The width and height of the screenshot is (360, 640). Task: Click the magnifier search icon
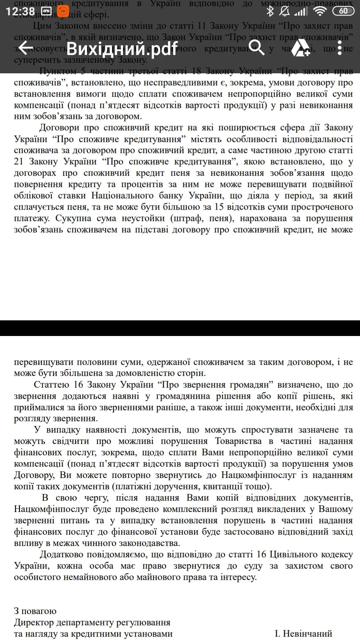256,48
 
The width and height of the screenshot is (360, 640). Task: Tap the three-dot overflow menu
339,48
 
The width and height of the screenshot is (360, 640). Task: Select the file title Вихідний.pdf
122,49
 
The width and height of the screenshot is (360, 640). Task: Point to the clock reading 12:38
20,11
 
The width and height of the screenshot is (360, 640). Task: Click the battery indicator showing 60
343,11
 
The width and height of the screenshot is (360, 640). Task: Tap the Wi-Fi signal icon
320,11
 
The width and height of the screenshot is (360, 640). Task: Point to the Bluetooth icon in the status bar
270,11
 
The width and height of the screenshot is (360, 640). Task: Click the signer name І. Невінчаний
303,633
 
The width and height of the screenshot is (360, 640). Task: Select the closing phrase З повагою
35,611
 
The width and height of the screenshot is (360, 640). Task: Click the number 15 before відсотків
219,207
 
